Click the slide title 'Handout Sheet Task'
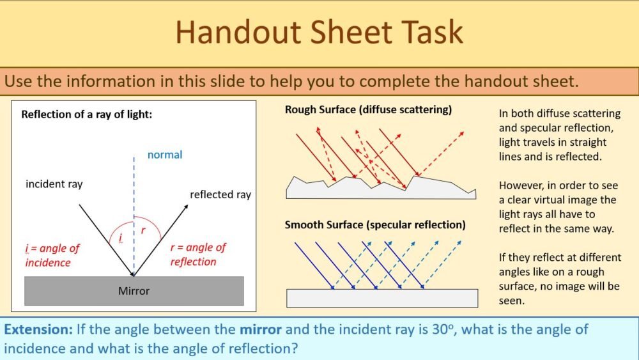pyautogui.click(x=319, y=33)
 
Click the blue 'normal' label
pyautogui.click(x=164, y=155)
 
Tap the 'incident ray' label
pyautogui.click(x=54, y=184)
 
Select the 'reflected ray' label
pyautogui.click(x=220, y=194)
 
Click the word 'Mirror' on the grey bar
pyautogui.click(x=134, y=291)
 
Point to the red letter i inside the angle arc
pyautogui.click(x=121, y=239)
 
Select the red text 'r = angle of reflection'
pyautogui.click(x=198, y=254)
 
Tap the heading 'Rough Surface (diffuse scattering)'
pyautogui.click(x=368, y=110)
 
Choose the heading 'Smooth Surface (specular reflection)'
pyautogui.click(x=375, y=225)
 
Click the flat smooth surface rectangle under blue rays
pyautogui.click(x=382, y=298)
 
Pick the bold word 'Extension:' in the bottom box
pyautogui.click(x=38, y=330)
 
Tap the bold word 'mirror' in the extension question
pyautogui.click(x=261, y=330)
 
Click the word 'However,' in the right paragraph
pyautogui.click(x=520, y=185)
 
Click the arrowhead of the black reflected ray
pyautogui.click(x=186, y=207)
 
